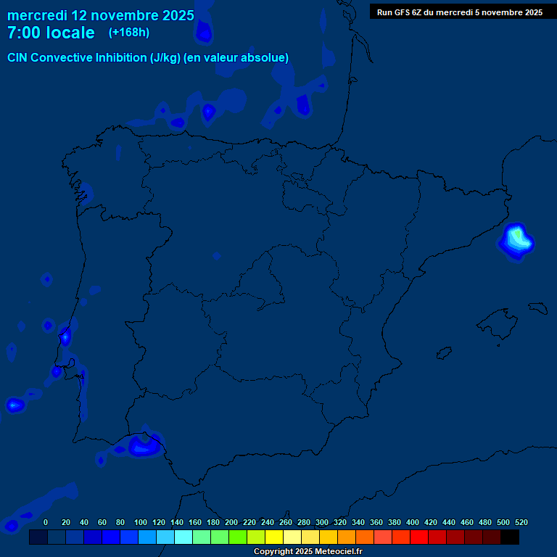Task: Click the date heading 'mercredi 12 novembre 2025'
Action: (x=100, y=15)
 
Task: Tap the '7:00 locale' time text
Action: (x=51, y=33)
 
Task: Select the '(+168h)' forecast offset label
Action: (x=128, y=32)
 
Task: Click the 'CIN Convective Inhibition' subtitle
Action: (x=148, y=58)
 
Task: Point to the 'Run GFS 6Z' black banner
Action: (x=460, y=12)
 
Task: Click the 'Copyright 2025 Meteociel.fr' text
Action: (x=308, y=551)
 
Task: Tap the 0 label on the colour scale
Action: (x=46, y=522)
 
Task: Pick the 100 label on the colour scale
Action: (x=141, y=522)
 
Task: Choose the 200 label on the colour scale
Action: (x=231, y=522)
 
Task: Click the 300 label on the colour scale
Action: (x=322, y=522)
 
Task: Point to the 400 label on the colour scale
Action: (x=413, y=522)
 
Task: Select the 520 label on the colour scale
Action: (x=521, y=522)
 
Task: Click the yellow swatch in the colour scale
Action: (x=274, y=537)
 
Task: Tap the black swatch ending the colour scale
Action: (x=510, y=537)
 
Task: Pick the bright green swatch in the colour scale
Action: (x=238, y=537)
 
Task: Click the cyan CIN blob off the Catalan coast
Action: (x=516, y=239)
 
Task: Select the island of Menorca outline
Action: (x=537, y=308)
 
